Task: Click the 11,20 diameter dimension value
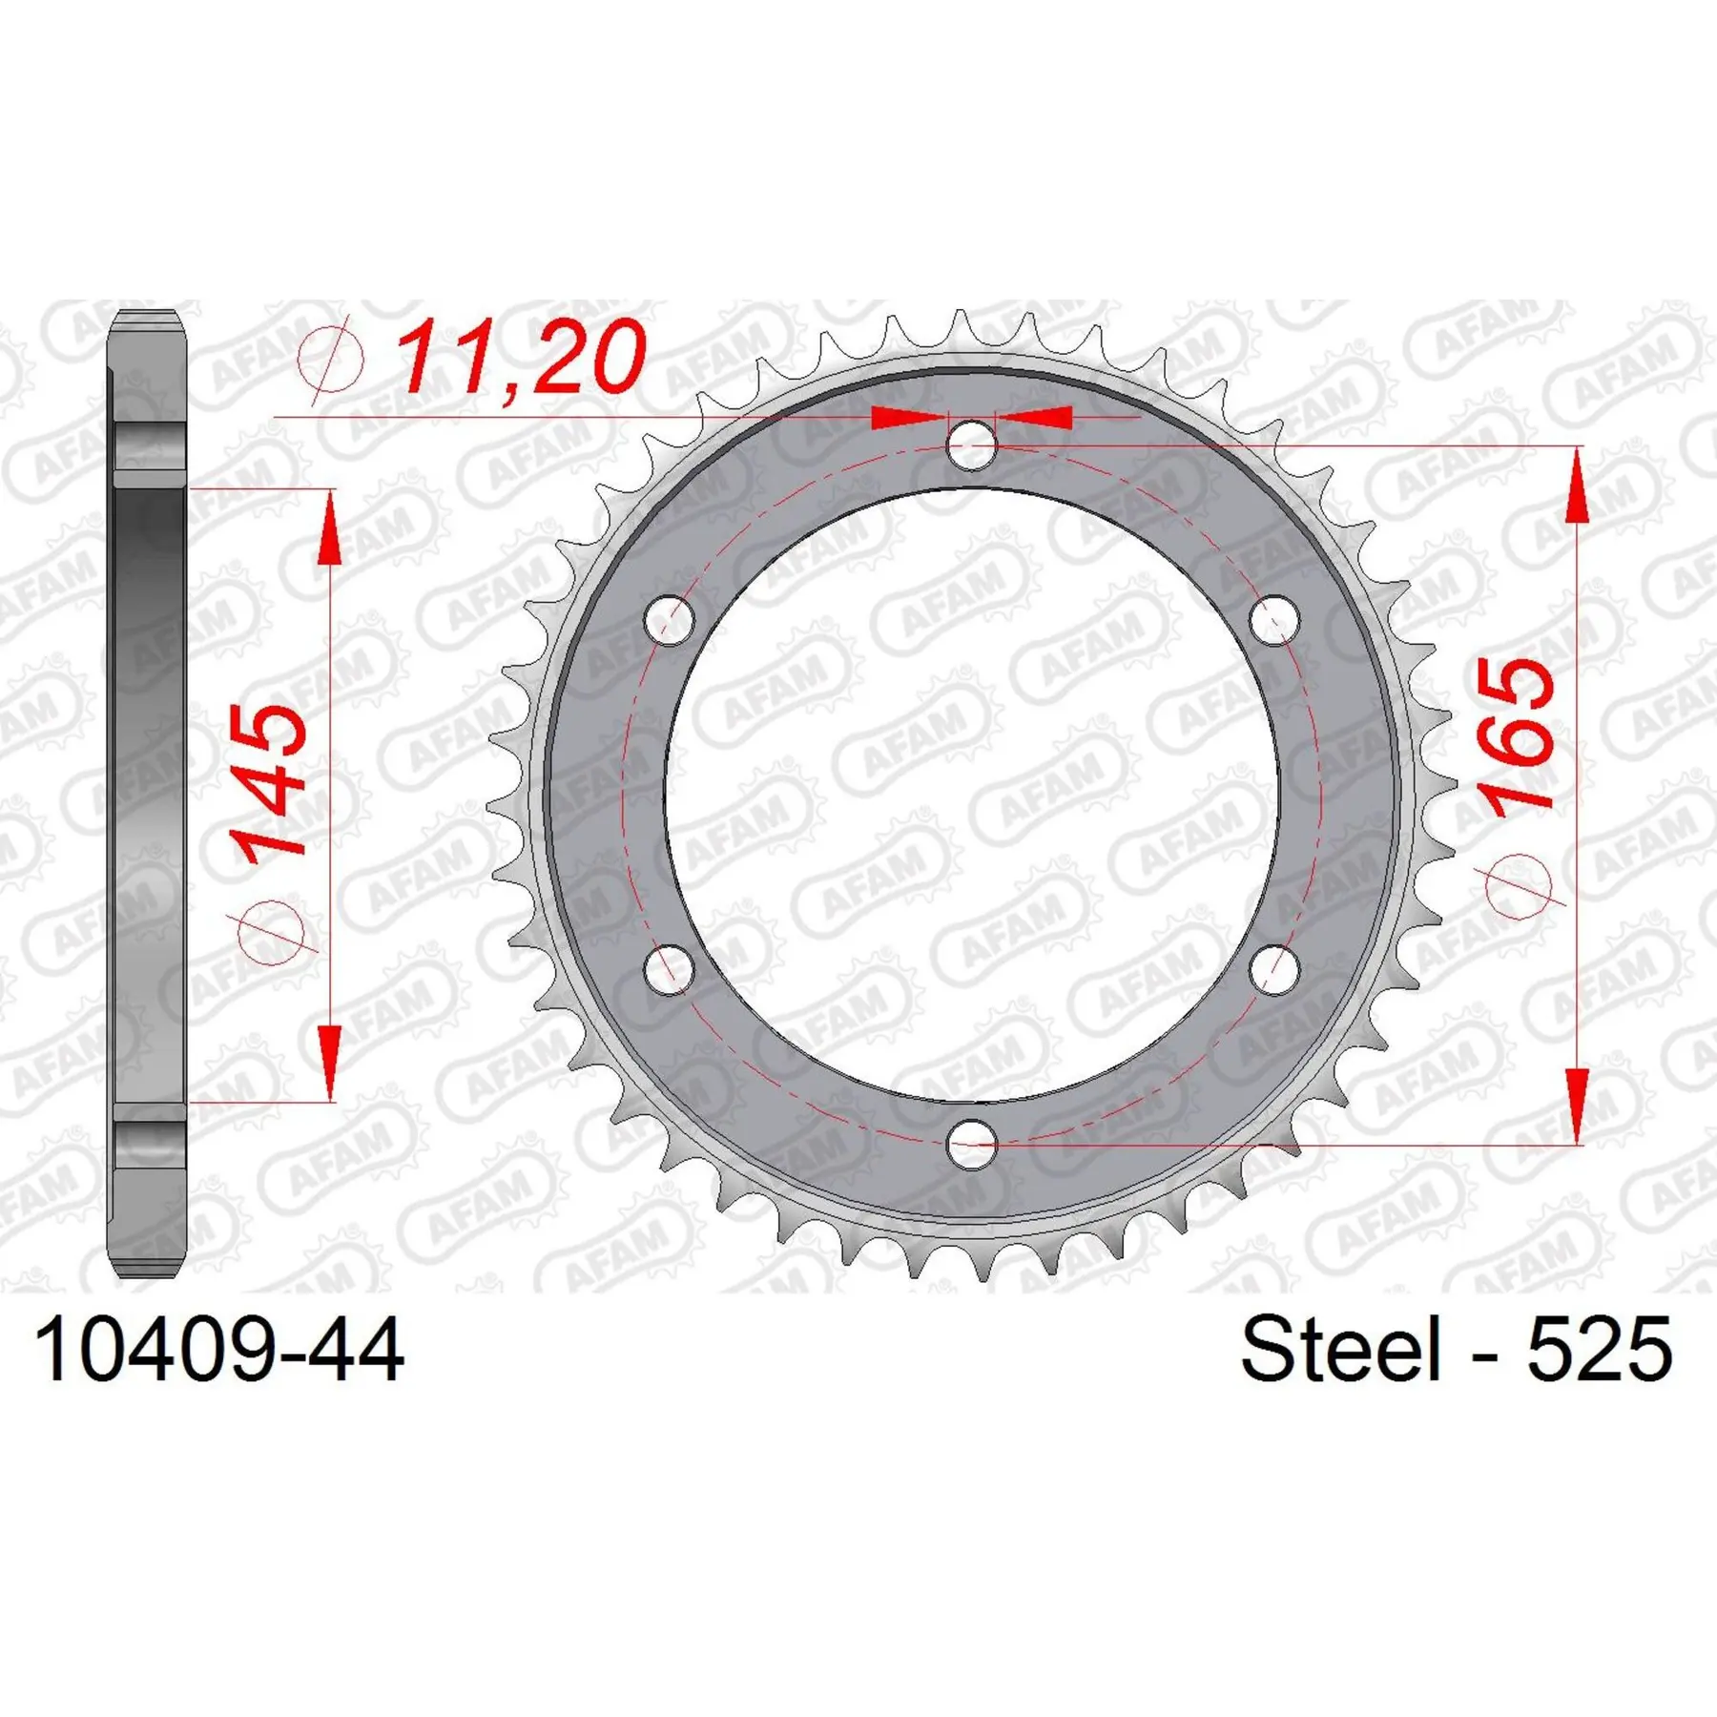[x=521, y=358]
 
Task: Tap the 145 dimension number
[x=268, y=784]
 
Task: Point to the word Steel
[x=1340, y=1348]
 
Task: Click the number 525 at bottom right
[x=1600, y=1349]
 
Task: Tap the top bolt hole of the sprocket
[x=972, y=444]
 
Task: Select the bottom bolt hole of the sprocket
[x=972, y=1143]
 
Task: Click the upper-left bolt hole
[x=670, y=620]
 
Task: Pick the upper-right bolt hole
[x=1274, y=620]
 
